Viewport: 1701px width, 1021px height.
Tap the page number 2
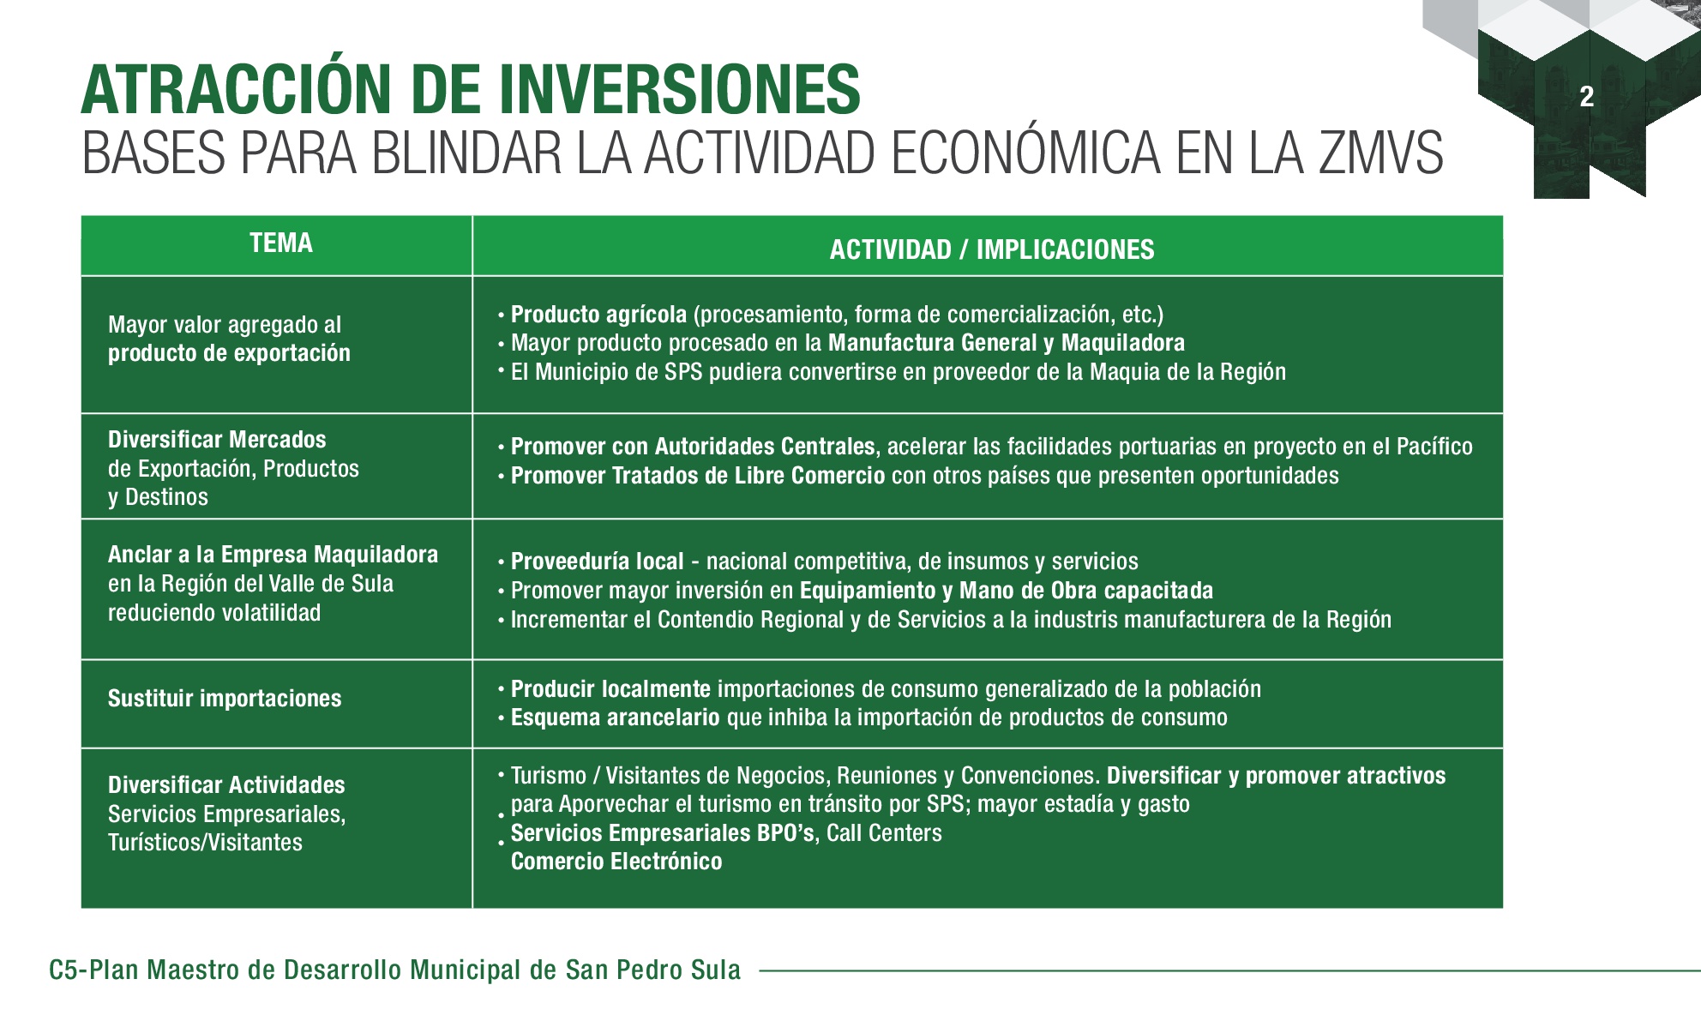(1586, 96)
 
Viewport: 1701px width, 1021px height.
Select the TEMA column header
(281, 243)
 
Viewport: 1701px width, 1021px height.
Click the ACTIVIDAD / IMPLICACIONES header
(992, 249)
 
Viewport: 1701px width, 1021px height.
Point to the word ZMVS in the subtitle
(1380, 153)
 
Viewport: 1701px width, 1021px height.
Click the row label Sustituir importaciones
(225, 699)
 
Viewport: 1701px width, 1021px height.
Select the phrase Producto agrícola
(598, 315)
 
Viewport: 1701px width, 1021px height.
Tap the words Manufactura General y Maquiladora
(1007, 343)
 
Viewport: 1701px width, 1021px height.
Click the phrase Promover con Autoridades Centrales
(693, 447)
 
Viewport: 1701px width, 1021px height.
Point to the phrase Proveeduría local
(598, 562)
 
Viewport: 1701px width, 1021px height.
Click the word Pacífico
(1434, 447)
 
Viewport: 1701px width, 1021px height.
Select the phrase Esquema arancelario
(616, 718)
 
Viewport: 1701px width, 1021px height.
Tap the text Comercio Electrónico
(616, 862)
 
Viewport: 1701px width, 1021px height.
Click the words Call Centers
(884, 832)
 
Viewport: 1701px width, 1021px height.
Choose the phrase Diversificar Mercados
(217, 440)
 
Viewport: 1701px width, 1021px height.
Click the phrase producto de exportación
(229, 353)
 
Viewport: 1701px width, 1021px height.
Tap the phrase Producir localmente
(610, 689)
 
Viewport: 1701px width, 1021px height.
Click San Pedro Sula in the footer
(652, 970)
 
